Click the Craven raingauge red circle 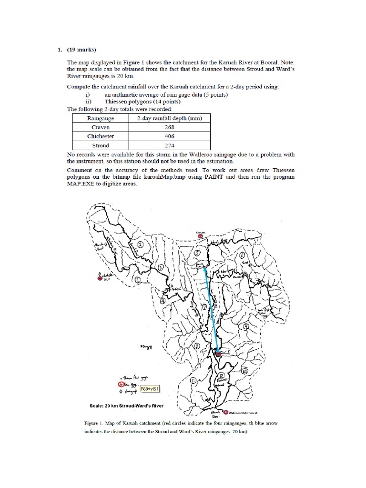[x=201, y=235]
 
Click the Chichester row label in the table [x=100, y=136]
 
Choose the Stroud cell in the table [x=100, y=145]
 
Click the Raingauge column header [x=100, y=118]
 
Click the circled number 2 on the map [x=141, y=245]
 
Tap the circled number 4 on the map [x=163, y=301]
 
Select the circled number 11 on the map [x=193, y=380]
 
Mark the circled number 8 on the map [x=196, y=347]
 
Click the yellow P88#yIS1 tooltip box [x=144, y=389]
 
